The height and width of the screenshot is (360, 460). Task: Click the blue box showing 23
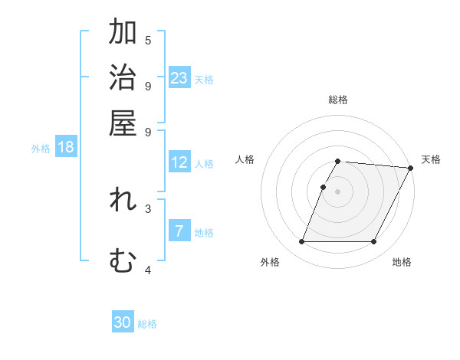click(x=179, y=78)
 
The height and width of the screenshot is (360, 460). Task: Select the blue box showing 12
click(x=179, y=162)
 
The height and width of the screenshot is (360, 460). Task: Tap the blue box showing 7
click(x=179, y=231)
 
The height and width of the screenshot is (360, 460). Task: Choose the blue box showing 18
click(x=66, y=148)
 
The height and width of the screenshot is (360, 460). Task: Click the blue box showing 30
click(x=123, y=322)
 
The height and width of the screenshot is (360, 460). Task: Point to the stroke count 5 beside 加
click(x=148, y=40)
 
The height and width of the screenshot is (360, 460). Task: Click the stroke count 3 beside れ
click(x=148, y=208)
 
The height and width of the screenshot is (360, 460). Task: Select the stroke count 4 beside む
click(x=148, y=270)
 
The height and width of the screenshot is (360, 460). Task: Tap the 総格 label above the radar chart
click(x=337, y=100)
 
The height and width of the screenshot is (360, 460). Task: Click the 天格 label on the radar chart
click(x=431, y=159)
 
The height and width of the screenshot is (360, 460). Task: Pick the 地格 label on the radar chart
click(x=402, y=262)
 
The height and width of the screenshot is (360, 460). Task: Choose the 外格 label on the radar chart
click(x=270, y=262)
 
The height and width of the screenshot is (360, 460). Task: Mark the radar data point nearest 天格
click(x=410, y=168)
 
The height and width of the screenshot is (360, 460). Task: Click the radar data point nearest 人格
click(x=323, y=187)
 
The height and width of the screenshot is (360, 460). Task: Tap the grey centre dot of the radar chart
click(x=337, y=191)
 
